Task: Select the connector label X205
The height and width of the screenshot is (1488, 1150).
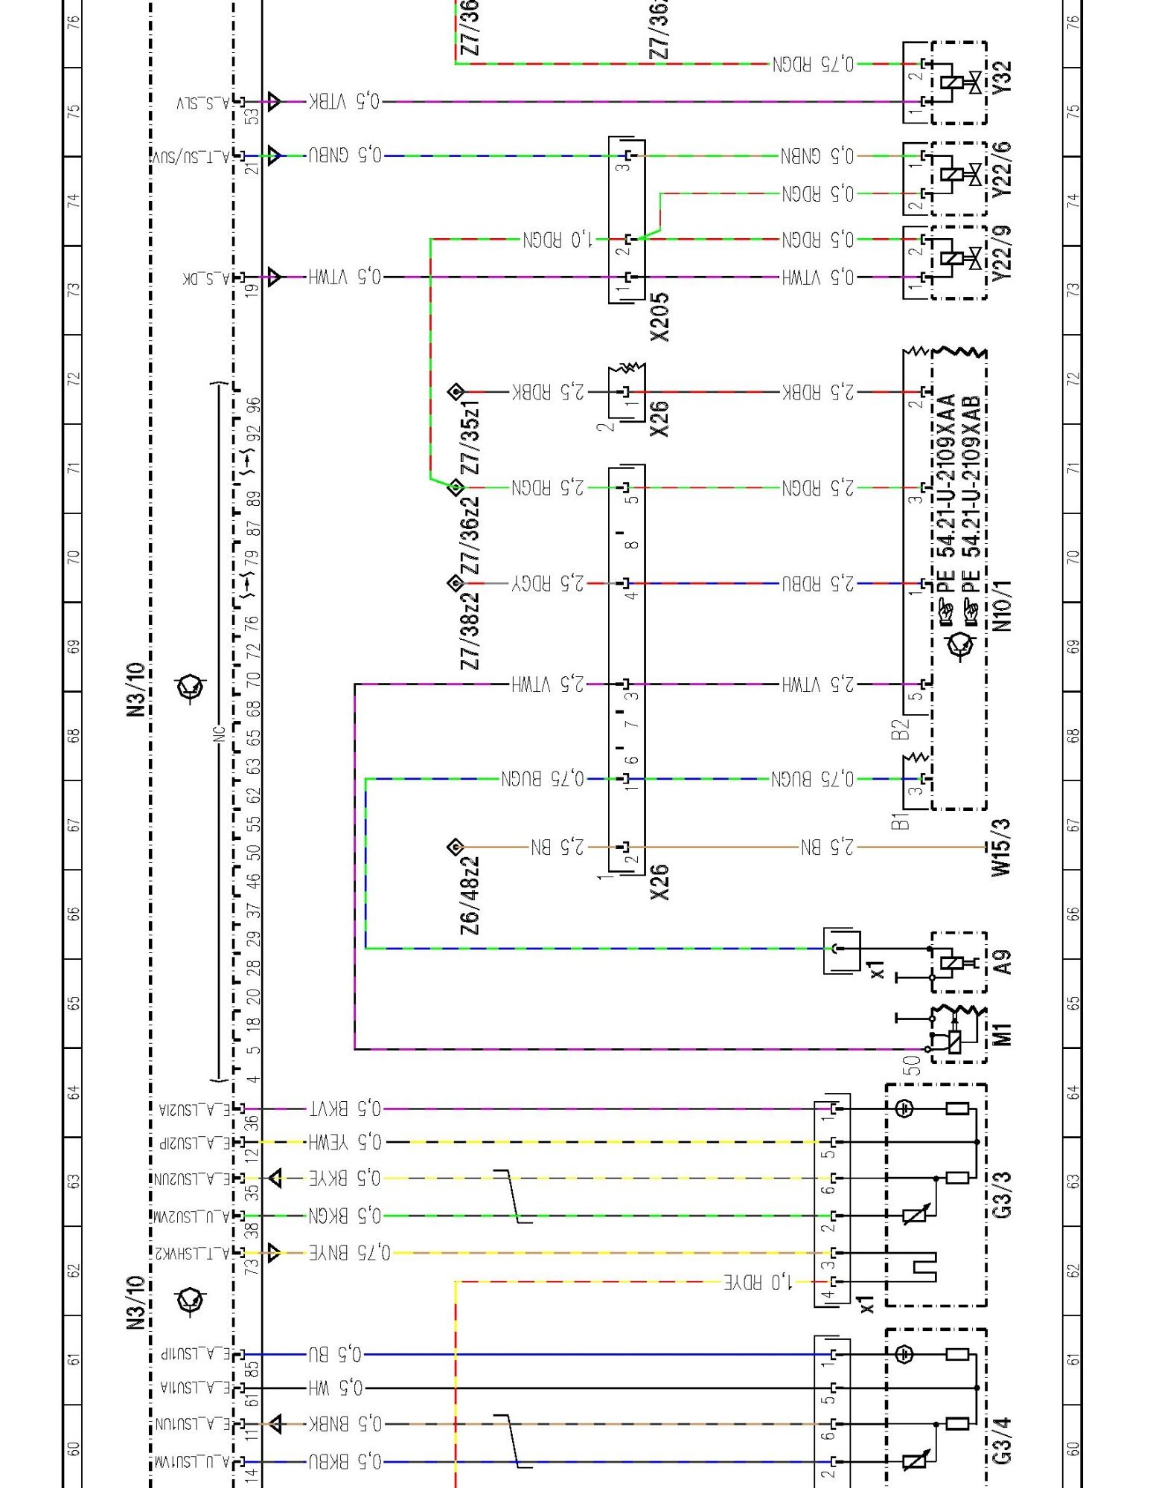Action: point(659,316)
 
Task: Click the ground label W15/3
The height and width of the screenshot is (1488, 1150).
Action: point(1002,847)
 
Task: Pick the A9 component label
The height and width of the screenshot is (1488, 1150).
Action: point(1002,962)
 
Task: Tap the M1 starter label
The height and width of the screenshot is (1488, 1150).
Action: point(1002,1034)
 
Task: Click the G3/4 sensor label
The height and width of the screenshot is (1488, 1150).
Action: point(1002,1440)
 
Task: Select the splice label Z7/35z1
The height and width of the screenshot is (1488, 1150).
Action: point(470,437)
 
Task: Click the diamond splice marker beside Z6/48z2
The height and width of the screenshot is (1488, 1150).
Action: point(456,847)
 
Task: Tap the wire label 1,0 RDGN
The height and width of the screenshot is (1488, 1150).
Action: point(558,240)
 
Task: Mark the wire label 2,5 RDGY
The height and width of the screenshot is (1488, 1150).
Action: point(549,583)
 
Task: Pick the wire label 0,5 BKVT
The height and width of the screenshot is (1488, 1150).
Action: point(345,1109)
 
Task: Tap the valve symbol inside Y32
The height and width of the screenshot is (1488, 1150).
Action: point(972,83)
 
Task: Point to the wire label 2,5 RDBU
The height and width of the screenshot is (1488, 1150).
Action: point(818,583)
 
